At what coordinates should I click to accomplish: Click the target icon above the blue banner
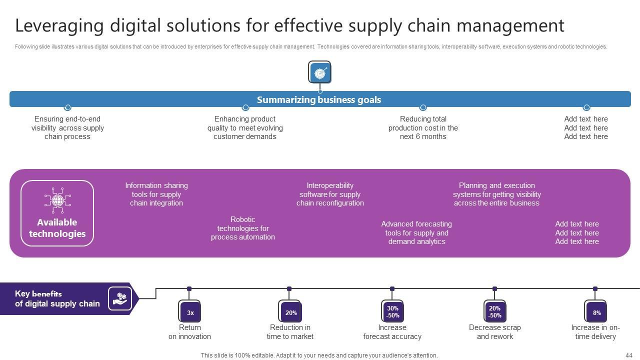pyautogui.click(x=319, y=72)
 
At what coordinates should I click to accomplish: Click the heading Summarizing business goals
pyautogui.click(x=319, y=99)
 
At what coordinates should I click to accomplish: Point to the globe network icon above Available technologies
pyautogui.click(x=57, y=200)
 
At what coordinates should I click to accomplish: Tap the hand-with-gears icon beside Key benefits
pyautogui.click(x=120, y=298)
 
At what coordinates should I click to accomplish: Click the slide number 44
pyautogui.click(x=629, y=355)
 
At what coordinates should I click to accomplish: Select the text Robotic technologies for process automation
pyautogui.click(x=243, y=228)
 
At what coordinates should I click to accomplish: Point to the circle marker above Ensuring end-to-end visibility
pyautogui.click(x=67, y=107)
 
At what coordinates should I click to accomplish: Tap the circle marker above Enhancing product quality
pyautogui.click(x=245, y=107)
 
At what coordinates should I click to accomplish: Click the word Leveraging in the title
pyautogui.click(x=59, y=25)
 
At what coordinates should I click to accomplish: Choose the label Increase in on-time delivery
pyautogui.click(x=595, y=332)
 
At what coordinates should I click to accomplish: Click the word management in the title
pyautogui.click(x=510, y=25)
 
